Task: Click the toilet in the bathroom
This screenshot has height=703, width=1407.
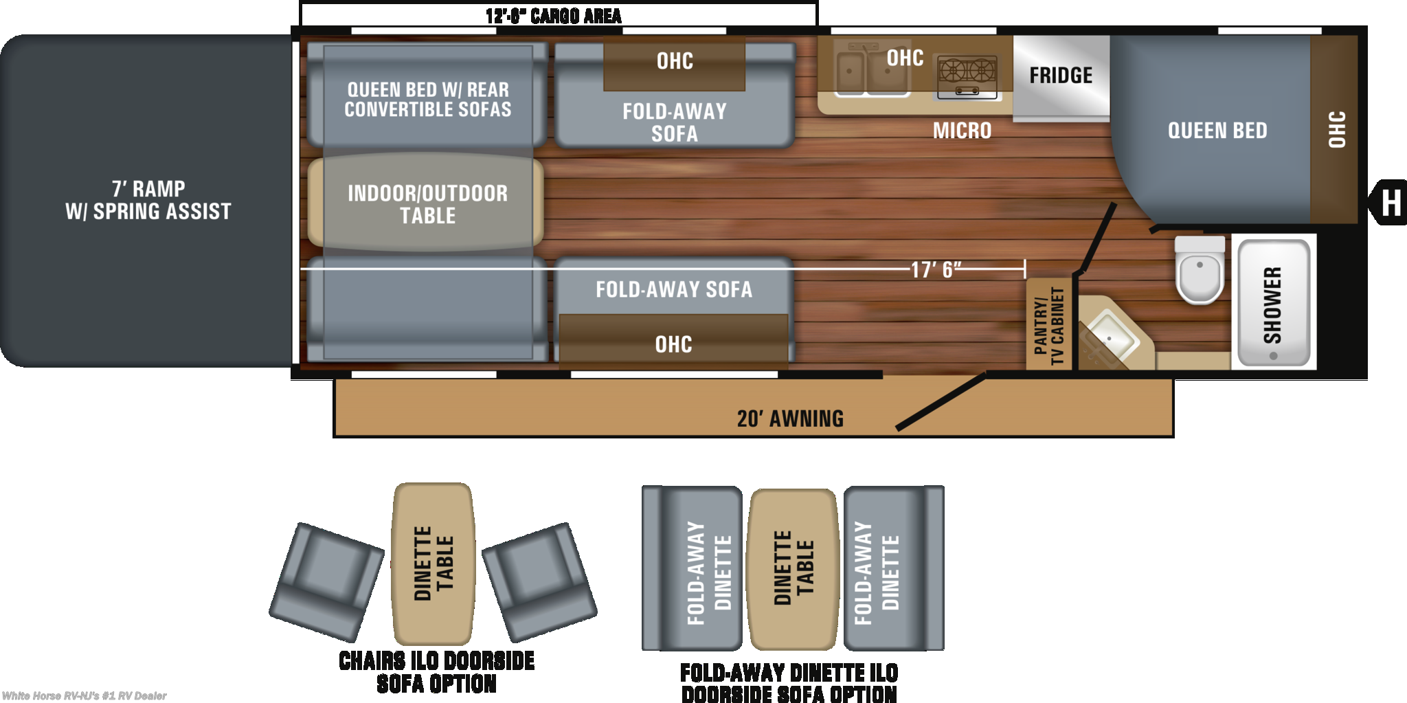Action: point(1200,269)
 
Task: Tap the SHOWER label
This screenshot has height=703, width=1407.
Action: point(1272,305)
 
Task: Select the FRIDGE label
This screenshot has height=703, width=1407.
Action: point(1061,75)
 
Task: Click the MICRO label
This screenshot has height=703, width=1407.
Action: point(962,130)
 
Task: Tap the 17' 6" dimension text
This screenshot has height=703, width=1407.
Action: point(936,269)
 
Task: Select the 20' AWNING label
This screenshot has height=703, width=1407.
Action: point(790,419)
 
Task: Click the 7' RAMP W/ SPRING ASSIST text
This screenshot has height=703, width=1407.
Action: point(148,199)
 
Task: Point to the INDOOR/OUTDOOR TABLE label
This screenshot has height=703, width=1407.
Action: point(427,204)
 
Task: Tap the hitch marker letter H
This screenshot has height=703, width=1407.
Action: point(1391,203)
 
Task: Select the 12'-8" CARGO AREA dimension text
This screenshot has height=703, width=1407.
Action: point(553,16)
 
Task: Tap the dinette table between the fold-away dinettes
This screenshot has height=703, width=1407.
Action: point(793,569)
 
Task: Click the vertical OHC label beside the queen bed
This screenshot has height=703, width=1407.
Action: point(1336,129)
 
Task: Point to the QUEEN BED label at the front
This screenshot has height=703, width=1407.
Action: point(1217,130)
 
